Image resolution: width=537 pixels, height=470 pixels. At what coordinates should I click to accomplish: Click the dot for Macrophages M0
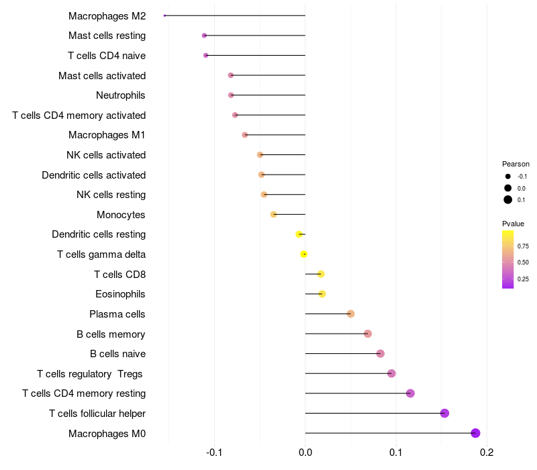[475, 433]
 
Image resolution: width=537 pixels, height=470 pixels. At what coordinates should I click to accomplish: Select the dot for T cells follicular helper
[444, 413]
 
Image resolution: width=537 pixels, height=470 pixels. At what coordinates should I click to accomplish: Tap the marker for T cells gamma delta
[304, 254]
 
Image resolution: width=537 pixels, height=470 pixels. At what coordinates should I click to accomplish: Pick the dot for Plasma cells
[350, 314]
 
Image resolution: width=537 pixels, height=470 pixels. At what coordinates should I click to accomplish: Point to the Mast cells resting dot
[204, 36]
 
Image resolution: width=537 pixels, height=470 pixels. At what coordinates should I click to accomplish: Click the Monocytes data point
[273, 215]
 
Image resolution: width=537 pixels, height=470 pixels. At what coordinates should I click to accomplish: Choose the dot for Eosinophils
[322, 294]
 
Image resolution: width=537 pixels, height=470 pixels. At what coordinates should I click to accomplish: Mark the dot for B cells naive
[381, 354]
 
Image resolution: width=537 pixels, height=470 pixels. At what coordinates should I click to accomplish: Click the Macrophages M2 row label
[107, 15]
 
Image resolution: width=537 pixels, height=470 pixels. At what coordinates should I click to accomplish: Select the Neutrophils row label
[121, 95]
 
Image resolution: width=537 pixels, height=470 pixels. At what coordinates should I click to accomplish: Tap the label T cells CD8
[119, 274]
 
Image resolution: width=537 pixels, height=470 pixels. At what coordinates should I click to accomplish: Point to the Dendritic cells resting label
[99, 234]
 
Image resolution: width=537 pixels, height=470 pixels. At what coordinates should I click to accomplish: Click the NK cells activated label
[106, 155]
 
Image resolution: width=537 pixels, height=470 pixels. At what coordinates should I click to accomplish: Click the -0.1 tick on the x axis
[214, 452]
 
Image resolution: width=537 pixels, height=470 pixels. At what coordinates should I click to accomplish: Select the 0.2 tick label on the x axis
[487, 452]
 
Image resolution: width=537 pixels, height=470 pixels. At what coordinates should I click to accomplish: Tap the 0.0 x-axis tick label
[305, 452]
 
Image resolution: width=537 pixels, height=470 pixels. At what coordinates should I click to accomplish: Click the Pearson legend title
[516, 164]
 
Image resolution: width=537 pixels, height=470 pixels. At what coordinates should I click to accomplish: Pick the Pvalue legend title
[513, 224]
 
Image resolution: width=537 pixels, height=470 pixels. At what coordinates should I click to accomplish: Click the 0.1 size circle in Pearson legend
[508, 199]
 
